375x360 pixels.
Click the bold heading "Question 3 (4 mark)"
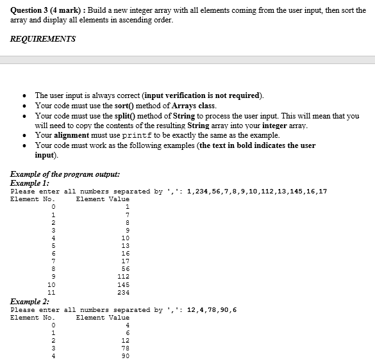pos(44,10)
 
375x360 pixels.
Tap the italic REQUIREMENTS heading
pos(43,39)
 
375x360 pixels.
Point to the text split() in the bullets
pos(105,115)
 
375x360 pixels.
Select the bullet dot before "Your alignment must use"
pos(24,135)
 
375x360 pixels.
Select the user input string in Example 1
pos(256,191)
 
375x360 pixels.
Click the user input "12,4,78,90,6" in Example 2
pos(212,310)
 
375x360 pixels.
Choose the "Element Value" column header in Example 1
pos(103,199)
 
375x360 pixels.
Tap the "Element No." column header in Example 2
pos(33,317)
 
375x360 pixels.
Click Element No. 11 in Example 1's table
pos(52,292)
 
